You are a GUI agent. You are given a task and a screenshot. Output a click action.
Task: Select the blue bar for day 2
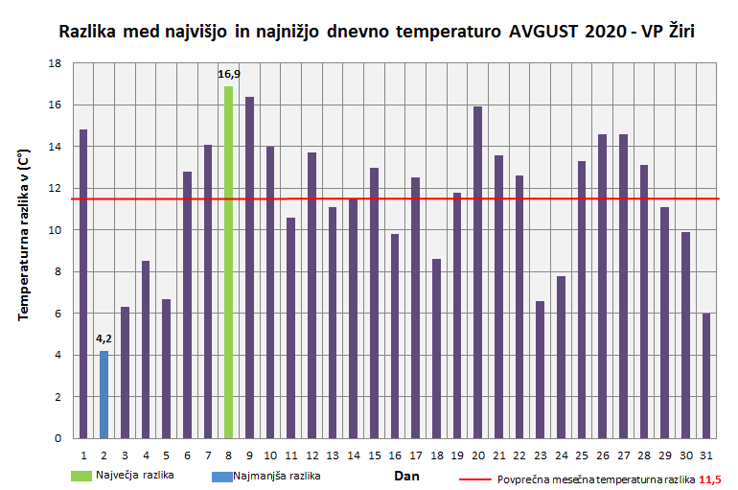coord(104,394)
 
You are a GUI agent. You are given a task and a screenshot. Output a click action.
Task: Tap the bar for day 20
coord(478,272)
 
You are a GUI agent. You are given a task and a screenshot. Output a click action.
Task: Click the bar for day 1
coord(83,284)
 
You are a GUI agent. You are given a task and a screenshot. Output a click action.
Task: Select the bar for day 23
coord(541,369)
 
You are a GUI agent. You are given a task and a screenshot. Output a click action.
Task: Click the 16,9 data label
coord(229,74)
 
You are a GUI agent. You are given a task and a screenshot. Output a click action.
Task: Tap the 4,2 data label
coord(104,338)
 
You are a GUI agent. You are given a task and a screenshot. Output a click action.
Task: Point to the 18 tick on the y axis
coord(55,63)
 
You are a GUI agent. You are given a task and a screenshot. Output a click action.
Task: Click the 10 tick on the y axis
coord(55,230)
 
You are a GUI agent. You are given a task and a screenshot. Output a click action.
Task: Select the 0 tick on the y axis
coord(58,438)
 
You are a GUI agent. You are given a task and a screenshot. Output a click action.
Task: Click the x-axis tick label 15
coord(374,455)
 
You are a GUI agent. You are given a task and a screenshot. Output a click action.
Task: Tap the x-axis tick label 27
coord(623,455)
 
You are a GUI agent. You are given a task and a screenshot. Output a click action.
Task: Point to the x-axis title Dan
coord(406,475)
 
